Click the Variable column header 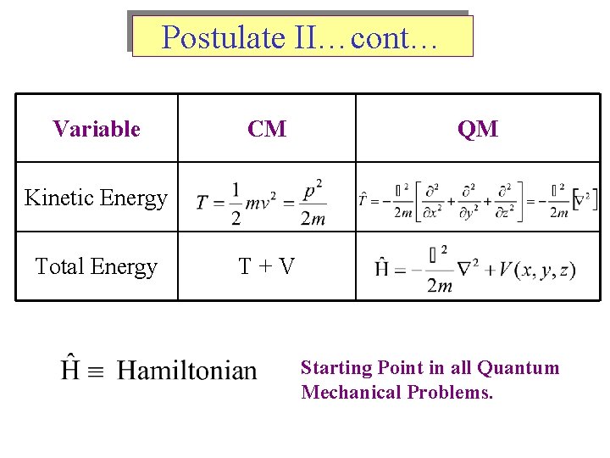click(97, 129)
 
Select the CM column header click(267, 129)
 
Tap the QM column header click(478, 129)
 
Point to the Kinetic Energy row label click(97, 198)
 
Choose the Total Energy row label click(97, 267)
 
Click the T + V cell click(267, 267)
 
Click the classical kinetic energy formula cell click(261, 202)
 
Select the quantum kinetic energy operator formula click(478, 201)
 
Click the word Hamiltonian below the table click(186, 371)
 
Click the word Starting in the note click(336, 368)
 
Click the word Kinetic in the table click(58, 198)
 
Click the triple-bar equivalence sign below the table click(98, 371)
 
